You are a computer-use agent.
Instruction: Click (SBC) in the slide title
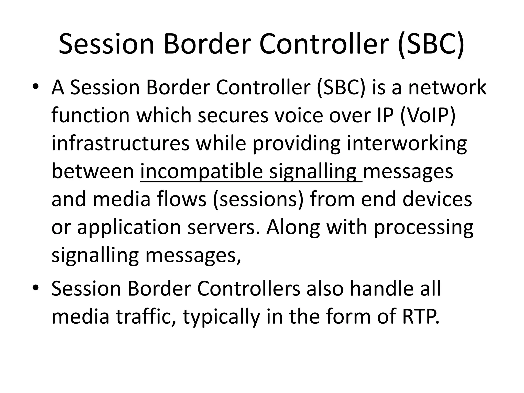431,44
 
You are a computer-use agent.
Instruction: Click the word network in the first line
447,87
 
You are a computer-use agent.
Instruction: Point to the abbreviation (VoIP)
428,115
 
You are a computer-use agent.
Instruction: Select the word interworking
407,143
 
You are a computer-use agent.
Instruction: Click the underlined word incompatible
201,171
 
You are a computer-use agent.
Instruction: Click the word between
93,171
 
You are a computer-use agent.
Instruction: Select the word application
129,228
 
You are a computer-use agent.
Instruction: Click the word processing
423,228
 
